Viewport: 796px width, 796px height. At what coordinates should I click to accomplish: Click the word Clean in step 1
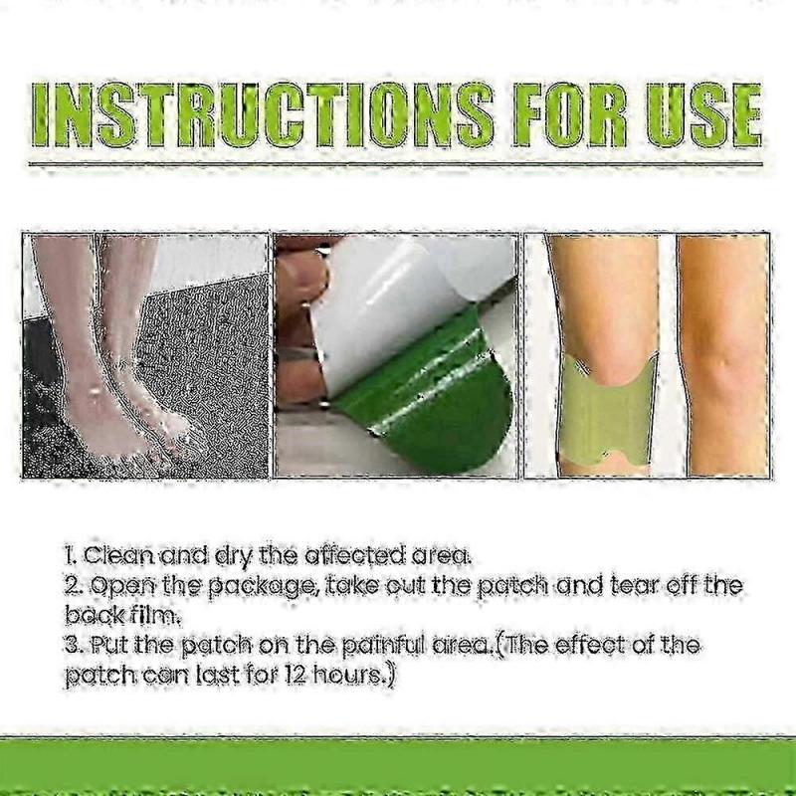pyautogui.click(x=117, y=555)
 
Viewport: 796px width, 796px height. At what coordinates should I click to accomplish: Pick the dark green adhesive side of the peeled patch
pyautogui.click(x=438, y=398)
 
